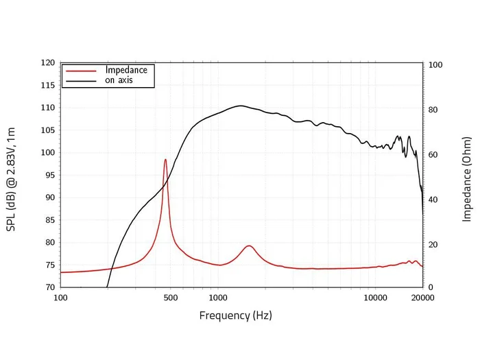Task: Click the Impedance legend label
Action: pos(126,70)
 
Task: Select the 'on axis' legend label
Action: pos(119,80)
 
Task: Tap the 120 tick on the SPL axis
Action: pos(48,62)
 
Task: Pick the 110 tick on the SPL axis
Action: pos(48,108)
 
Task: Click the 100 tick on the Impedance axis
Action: pos(435,65)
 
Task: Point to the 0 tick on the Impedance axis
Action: pos(431,287)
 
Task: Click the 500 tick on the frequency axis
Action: pos(171,298)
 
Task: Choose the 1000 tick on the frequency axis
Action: pos(218,298)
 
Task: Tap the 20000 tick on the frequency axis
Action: pos(422,298)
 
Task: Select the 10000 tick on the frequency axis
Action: pos(375,298)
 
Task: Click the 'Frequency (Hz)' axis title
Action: pos(235,316)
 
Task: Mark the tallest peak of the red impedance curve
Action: pos(165,160)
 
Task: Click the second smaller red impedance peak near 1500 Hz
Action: pos(249,245)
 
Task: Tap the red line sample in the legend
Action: pos(79,70)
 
